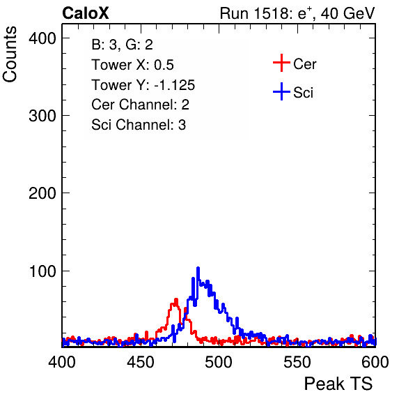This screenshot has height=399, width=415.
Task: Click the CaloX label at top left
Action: [85, 13]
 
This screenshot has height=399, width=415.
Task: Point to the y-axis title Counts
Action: [10, 54]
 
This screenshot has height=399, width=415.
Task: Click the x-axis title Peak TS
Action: [338, 384]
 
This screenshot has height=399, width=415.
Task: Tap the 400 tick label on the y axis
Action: [42, 38]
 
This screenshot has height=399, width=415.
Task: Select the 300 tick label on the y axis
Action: [42, 116]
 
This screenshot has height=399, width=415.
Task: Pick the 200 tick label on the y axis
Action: [42, 193]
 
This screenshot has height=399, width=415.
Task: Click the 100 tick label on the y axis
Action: [42, 271]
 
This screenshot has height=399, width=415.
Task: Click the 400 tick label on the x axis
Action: [62, 362]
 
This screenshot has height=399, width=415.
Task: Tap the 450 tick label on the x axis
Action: [140, 362]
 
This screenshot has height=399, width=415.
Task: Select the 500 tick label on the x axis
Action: [219, 362]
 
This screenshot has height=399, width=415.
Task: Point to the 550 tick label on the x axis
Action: [297, 362]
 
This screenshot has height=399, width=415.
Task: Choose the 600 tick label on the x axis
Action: [375, 362]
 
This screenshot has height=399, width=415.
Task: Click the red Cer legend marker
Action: [281, 63]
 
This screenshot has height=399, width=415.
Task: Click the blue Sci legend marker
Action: [281, 91]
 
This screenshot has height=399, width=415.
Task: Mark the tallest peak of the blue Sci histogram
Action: [198, 268]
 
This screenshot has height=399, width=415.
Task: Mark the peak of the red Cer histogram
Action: [176, 299]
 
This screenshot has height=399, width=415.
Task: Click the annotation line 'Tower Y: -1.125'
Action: [143, 85]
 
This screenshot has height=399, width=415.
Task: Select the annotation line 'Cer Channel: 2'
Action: [140, 105]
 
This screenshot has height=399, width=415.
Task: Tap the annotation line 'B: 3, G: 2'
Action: [122, 45]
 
